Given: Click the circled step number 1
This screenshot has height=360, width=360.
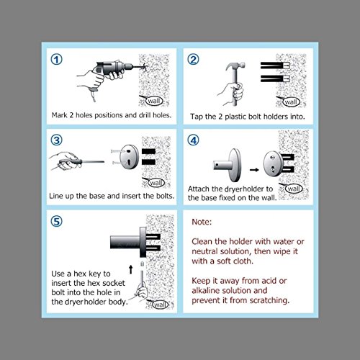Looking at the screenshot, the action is tap(57, 59).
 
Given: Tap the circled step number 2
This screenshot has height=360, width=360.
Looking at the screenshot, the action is tap(193, 59).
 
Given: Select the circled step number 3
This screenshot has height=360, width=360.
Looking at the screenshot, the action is tap(57, 140).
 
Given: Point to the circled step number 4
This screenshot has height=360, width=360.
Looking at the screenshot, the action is tap(193, 140).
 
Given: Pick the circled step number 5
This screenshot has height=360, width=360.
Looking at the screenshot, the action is tap(57, 221).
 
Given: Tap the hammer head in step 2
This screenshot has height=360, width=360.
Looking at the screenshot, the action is tap(235, 66).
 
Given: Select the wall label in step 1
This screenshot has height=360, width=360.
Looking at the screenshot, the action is tap(154, 101).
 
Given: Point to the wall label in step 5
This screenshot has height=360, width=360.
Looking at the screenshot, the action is tap(160, 305).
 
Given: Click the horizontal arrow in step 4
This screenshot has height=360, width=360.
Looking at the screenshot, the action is tap(254, 170).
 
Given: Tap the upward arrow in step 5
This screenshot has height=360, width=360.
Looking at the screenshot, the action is tap(131, 269).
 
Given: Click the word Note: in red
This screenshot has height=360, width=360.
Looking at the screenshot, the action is tap(202, 222).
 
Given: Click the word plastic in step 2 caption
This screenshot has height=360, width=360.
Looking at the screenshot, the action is tap(235, 117).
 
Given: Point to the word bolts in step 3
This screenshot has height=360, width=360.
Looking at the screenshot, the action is tap(166, 196).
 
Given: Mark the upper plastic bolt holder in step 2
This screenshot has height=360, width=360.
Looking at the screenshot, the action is tap(275, 66).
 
